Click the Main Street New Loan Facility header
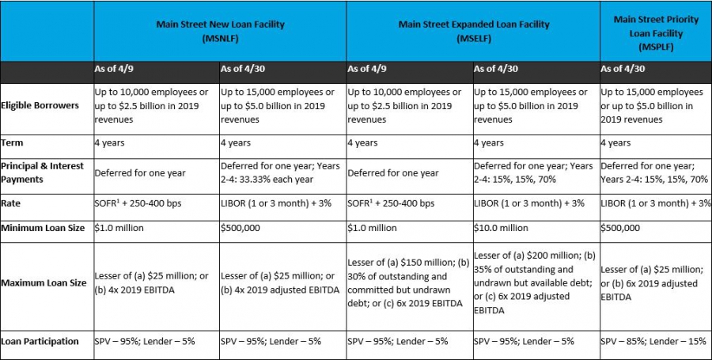coord(220,31)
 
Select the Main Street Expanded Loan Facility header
coord(474,31)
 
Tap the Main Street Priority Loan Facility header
coord(656,32)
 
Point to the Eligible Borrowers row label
coord(40,105)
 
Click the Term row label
coord(12,142)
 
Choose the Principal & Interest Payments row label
coord(42,172)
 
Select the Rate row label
coord(11,203)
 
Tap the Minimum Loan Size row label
coord(43,228)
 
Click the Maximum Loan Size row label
coord(44,282)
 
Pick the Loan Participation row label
coord(40,341)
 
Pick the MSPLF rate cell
coord(656,203)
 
